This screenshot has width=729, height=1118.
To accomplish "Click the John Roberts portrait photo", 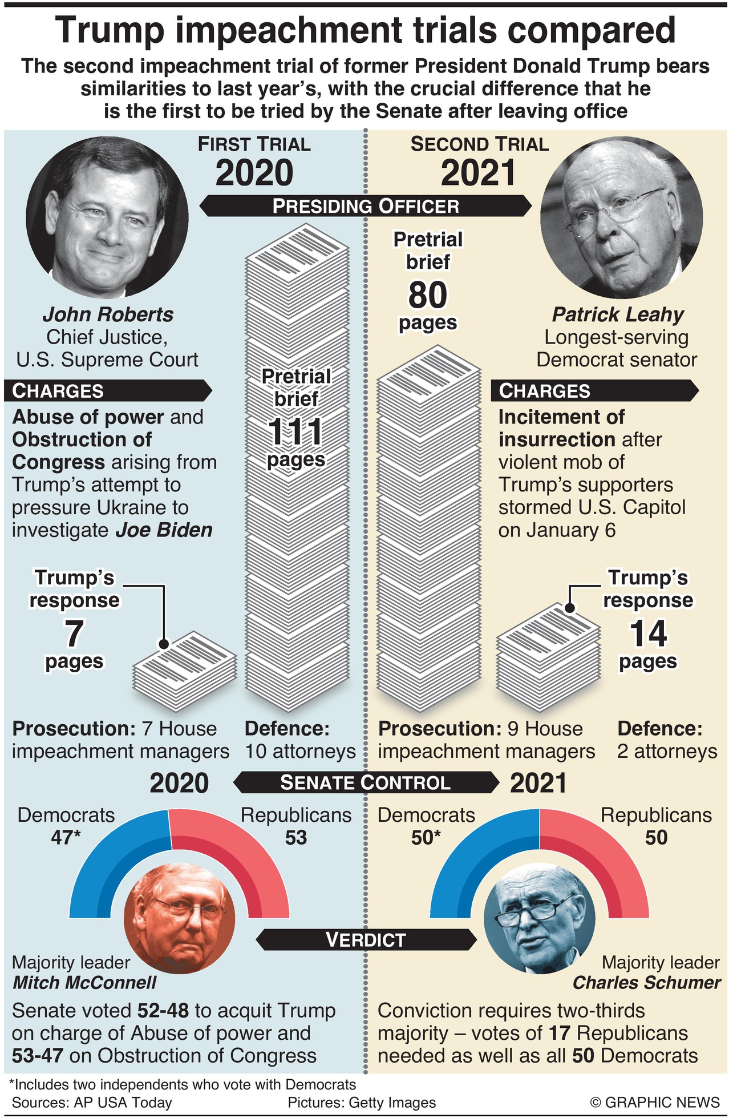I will (107, 217).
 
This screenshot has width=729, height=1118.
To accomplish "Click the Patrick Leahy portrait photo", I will (621, 217).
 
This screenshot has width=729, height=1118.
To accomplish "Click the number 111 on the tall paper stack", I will (295, 432).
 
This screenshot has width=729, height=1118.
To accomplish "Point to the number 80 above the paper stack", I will (428, 295).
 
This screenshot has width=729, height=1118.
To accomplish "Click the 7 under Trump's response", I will (74, 633).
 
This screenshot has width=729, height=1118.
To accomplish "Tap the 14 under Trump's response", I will (648, 633).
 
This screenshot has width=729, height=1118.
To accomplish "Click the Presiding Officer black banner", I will (365, 206).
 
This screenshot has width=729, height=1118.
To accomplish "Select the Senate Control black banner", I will (365, 782).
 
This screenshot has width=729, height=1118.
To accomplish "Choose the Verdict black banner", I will (365, 939).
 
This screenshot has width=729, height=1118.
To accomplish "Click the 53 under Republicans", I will (296, 837).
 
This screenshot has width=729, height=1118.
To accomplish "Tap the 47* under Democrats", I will (66, 837).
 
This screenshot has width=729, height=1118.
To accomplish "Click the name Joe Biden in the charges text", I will (164, 530).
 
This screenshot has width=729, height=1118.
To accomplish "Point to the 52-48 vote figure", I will (163, 1011).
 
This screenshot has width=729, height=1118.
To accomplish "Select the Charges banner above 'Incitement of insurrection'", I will (593, 391).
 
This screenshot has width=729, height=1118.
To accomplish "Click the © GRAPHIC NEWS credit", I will (655, 1102).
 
